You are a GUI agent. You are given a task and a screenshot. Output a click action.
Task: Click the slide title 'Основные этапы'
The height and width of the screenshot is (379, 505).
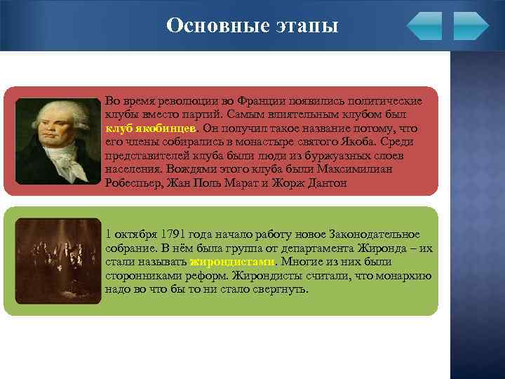coord(252,26)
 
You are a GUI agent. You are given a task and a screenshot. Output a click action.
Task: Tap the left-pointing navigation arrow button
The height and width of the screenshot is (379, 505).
coord(424,26)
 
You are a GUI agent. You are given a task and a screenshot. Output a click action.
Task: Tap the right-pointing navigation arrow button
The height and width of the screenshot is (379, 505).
coord(471,26)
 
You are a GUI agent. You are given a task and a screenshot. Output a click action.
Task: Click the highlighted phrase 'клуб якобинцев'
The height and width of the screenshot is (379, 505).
coord(151,128)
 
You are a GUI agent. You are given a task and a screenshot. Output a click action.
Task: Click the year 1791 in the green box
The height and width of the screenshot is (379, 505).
coord(173,234)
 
